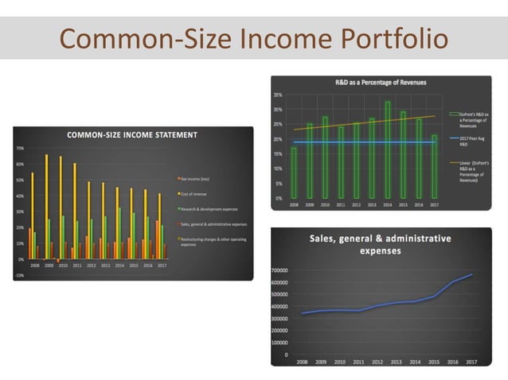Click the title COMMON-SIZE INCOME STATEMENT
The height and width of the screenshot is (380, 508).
click(x=131, y=135)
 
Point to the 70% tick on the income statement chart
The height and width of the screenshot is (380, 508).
click(x=20, y=149)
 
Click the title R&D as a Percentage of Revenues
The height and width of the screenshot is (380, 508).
click(x=369, y=83)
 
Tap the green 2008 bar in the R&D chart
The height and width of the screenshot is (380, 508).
click(x=294, y=173)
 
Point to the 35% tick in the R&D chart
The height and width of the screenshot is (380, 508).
click(x=278, y=95)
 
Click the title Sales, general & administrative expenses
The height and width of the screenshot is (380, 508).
click(x=379, y=244)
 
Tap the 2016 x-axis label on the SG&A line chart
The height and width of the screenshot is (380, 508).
click(x=452, y=362)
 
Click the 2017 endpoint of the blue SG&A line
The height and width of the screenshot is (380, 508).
click(x=471, y=274)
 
